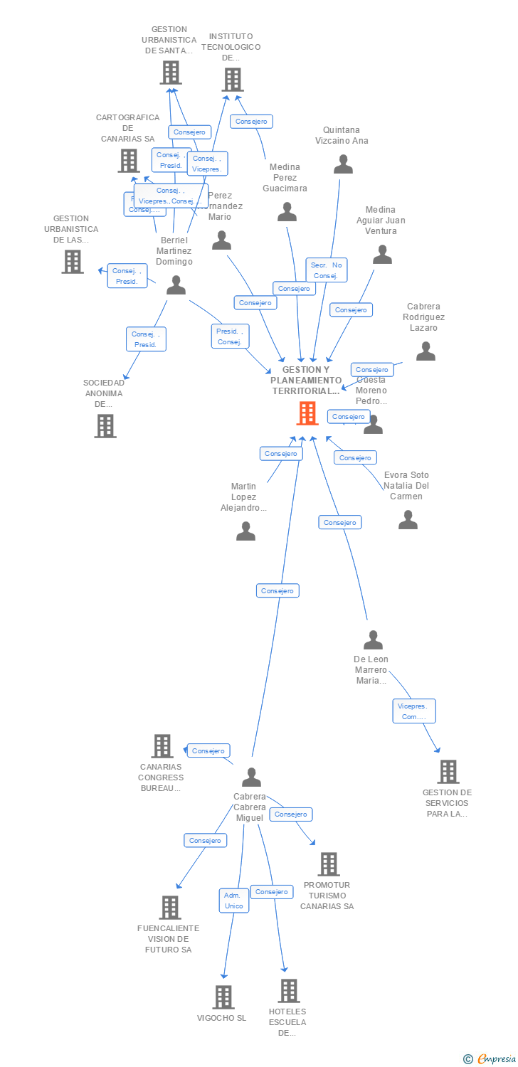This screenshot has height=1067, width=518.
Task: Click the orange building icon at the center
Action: coord(307,413)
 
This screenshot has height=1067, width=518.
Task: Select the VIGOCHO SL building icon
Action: coord(223,997)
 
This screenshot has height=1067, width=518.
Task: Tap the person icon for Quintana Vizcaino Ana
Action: coord(343,164)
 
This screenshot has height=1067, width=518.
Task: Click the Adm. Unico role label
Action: coord(233,901)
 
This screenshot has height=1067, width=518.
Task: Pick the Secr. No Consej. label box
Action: coord(326,270)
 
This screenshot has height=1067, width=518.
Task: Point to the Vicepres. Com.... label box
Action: coord(414,711)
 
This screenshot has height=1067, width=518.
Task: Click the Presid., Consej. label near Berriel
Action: coord(230,336)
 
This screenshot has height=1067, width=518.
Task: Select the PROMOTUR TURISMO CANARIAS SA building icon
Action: coord(328,864)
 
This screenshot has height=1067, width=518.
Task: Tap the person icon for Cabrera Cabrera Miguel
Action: coord(251,777)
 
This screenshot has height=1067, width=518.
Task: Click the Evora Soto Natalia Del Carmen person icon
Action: coord(408,520)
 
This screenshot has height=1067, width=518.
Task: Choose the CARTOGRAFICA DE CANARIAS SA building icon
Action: coord(129,161)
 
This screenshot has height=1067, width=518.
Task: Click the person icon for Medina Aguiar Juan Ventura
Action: coord(383,254)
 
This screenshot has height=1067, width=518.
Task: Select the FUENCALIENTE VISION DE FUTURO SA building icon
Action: coord(169,908)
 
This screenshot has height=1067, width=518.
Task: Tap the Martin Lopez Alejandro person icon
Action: coord(245,531)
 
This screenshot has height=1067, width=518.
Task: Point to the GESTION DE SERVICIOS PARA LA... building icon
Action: coord(448,772)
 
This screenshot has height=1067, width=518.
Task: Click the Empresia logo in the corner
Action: coord(490,1059)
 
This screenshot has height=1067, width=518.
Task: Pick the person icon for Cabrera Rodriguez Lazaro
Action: coord(425,351)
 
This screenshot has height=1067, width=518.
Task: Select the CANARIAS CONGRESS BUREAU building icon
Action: coord(162,746)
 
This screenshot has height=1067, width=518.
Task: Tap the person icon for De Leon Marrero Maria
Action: coord(373,640)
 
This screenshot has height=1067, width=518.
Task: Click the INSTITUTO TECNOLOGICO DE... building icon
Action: coord(232,80)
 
